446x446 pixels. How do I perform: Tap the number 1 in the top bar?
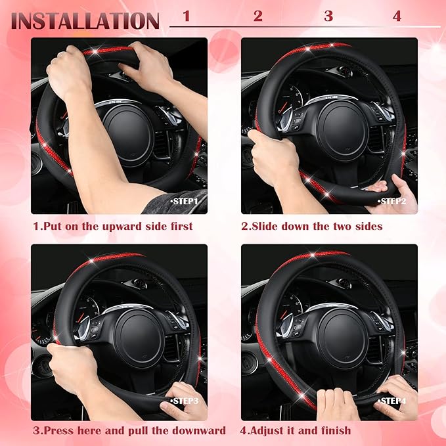coord(187,16)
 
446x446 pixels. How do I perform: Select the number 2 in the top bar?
coord(258,16)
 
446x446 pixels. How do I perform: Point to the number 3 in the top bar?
coord(328,16)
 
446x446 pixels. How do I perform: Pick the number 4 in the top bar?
coord(397,16)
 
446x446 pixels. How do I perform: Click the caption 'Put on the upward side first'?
coord(113,227)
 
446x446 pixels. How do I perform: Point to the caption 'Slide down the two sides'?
coord(311,227)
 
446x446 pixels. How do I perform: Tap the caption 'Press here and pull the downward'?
coord(129,431)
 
